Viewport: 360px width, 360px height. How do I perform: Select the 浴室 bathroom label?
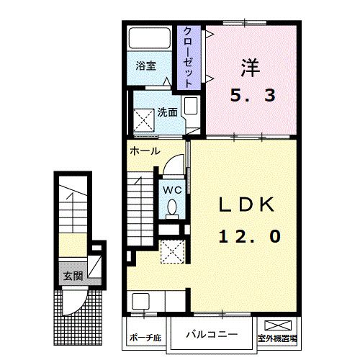(146, 66)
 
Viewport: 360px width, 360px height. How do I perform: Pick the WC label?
(172, 189)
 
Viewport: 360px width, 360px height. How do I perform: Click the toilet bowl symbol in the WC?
(172, 207)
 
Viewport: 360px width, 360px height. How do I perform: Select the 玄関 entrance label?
(73, 275)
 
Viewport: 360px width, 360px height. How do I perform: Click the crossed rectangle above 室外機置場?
(279, 325)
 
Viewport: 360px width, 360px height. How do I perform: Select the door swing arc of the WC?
(171, 165)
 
